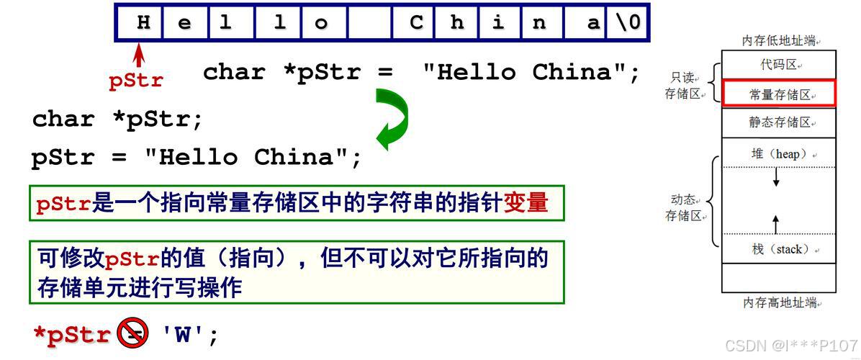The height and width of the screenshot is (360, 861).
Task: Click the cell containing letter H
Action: click(x=143, y=23)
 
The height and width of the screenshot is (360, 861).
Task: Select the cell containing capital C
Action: click(x=416, y=23)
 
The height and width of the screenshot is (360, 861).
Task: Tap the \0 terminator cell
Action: click(x=627, y=23)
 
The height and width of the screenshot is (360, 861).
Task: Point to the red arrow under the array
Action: click(x=140, y=55)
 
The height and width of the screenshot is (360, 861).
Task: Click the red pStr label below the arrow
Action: click(x=136, y=81)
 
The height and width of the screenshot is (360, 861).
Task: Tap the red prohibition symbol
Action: click(x=133, y=333)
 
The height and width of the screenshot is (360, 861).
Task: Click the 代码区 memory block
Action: click(x=778, y=65)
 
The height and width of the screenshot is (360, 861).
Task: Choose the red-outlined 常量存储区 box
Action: click(x=778, y=94)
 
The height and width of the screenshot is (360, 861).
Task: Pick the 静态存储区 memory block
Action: click(x=778, y=122)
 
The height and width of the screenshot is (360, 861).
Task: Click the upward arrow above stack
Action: click(x=776, y=223)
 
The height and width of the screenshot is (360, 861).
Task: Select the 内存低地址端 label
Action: click(x=778, y=42)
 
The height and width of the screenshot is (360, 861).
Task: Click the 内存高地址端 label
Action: click(x=778, y=303)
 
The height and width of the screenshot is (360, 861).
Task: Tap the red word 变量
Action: click(x=526, y=204)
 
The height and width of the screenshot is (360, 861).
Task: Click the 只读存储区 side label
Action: click(x=684, y=85)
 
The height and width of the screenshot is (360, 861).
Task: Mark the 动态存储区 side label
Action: click(x=684, y=207)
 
